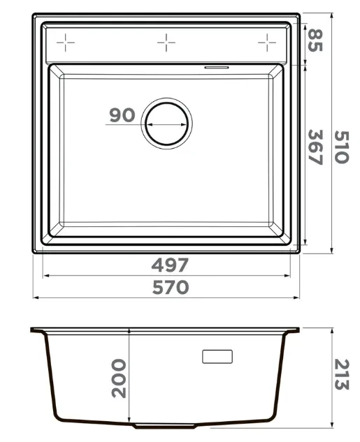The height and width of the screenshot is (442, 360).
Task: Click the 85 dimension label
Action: (315, 40)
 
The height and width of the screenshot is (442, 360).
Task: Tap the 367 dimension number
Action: (315, 147)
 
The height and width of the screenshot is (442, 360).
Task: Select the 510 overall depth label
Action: (342, 147)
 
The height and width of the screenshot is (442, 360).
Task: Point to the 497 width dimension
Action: (170, 265)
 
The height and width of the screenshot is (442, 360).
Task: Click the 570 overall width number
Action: (171, 287)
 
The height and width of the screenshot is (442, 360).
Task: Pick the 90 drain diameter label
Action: (122, 115)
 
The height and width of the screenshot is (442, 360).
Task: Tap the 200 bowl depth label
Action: (119, 378)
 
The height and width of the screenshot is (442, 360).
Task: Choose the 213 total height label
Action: (342, 375)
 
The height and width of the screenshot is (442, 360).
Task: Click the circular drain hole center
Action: (167, 124)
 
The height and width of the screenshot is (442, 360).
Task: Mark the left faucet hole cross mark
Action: (66, 43)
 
